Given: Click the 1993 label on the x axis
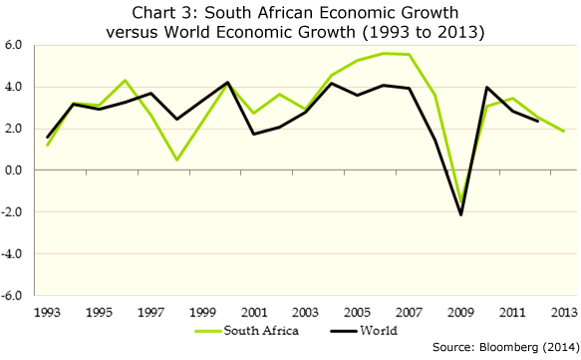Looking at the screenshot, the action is coord(47,312).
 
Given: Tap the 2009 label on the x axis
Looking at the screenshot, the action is coord(460,312).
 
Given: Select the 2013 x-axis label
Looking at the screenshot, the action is coord(564,312).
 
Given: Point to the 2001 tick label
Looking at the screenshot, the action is coord(254,312).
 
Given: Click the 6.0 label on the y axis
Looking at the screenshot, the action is coord(14,45).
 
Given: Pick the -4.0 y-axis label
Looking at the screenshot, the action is coord(12,254).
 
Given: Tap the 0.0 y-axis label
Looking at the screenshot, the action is coord(14,171).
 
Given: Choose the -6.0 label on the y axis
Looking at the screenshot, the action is coord(12,296).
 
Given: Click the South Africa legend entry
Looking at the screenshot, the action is coord(247,331).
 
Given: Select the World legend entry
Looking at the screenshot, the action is coord(364,331).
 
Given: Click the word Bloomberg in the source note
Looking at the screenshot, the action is coord(508,347).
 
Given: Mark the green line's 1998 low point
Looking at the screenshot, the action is coord(177,161).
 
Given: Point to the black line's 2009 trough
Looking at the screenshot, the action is coord(461,214).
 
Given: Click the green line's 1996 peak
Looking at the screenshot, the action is coord(126,80).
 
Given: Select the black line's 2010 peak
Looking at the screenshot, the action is coord(486,87).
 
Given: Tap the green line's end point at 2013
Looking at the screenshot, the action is coord(564,131).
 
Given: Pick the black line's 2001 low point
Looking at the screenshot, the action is coord(254,134).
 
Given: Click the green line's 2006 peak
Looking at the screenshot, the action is coord(384,54).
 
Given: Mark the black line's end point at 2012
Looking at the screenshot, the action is coord(537,121).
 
